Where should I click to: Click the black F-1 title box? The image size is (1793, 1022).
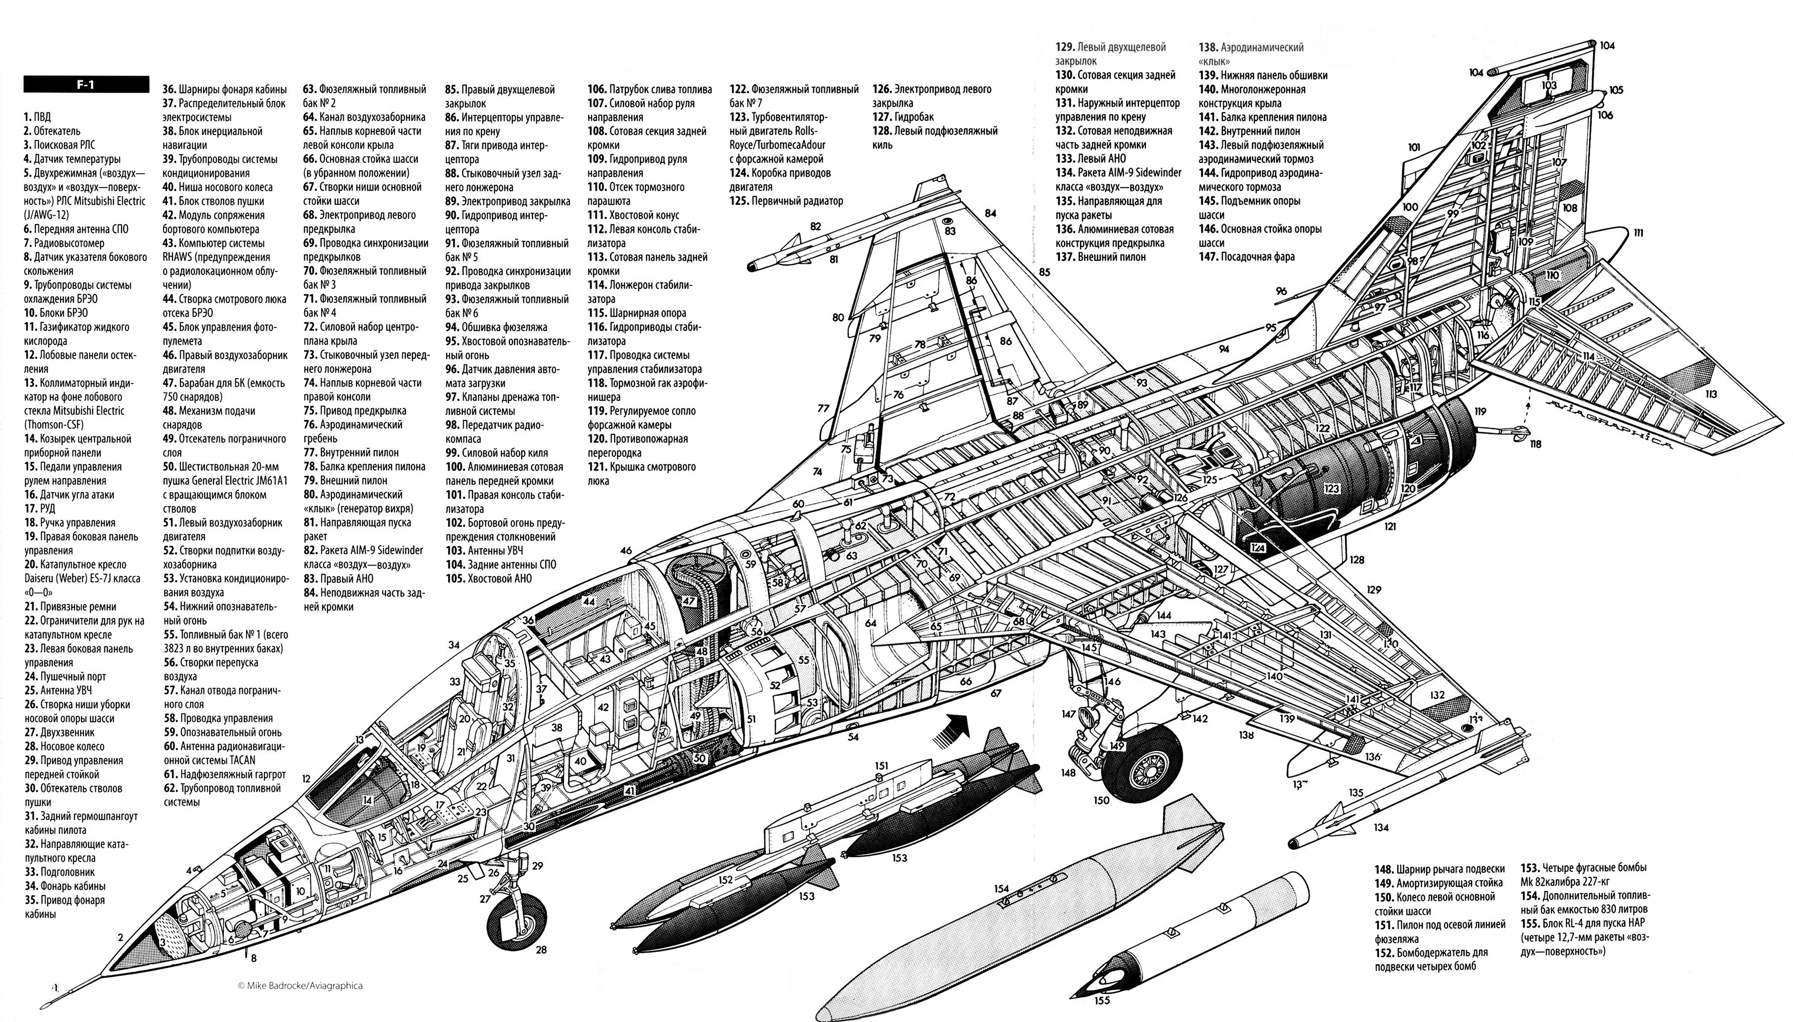click(x=86, y=84)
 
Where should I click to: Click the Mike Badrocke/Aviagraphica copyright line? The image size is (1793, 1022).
click(x=300, y=986)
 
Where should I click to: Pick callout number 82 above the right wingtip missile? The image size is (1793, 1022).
click(x=815, y=226)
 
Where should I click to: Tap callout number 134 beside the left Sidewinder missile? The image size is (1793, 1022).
click(x=1381, y=827)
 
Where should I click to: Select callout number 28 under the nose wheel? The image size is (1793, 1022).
click(x=540, y=950)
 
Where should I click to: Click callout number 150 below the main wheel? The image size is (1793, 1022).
click(x=1101, y=800)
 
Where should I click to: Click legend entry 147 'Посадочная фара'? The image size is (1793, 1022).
click(x=1246, y=257)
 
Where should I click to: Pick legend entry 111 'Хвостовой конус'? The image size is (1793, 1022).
click(x=633, y=215)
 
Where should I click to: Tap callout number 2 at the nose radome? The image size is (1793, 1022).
click(x=121, y=937)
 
